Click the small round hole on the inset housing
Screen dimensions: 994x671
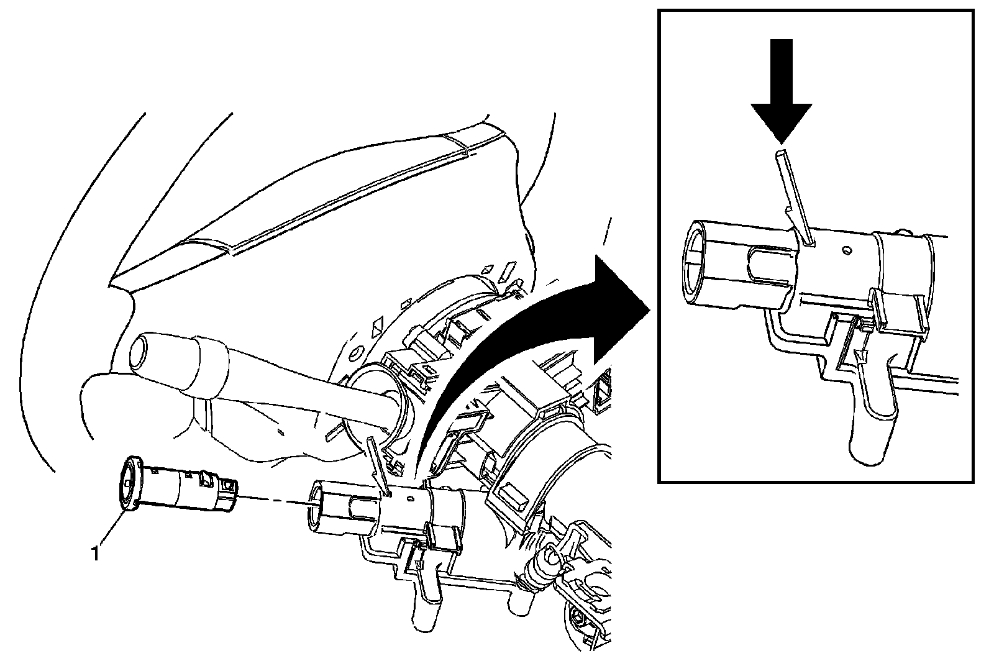[x=846, y=251]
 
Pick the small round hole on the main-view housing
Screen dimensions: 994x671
[x=409, y=498]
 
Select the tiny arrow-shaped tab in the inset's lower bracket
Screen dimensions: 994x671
[x=861, y=356]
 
